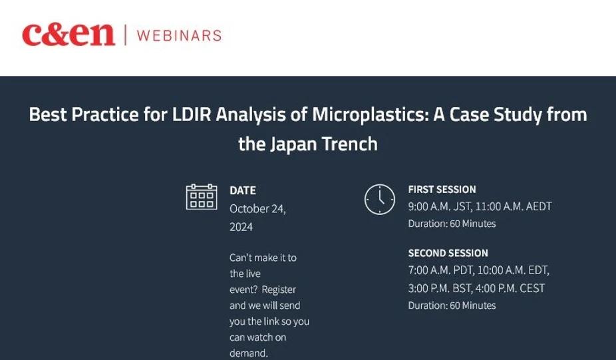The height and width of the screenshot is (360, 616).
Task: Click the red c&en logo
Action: click(68, 35)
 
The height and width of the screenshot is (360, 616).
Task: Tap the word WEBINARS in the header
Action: click(179, 35)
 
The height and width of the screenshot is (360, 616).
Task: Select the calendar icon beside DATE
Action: click(201, 197)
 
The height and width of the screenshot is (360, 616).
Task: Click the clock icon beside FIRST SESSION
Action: click(379, 198)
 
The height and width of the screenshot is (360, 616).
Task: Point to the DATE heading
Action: click(243, 190)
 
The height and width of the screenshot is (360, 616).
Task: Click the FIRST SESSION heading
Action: click(442, 190)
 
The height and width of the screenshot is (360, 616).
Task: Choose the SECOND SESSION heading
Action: click(448, 254)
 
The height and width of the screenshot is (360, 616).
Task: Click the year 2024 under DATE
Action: click(241, 227)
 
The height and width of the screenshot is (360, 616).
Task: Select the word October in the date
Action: click(249, 209)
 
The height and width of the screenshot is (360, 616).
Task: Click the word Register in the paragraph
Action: click(279, 289)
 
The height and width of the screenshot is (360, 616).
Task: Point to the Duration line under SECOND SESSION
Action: click(452, 305)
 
